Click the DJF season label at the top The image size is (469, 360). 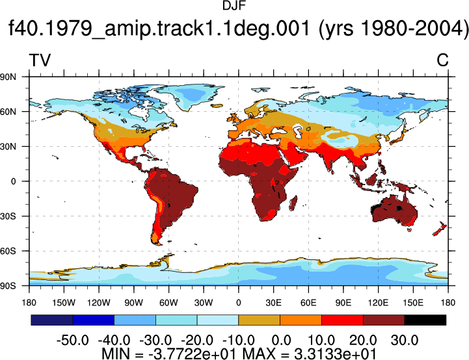pyautogui.click(x=234, y=5)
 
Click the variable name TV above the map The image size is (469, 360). pyautogui.click(x=40, y=60)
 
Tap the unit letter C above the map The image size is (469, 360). pyautogui.click(x=442, y=60)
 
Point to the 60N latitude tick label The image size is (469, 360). pyautogui.click(x=8, y=112)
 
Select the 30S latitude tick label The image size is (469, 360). pyautogui.click(x=8, y=216)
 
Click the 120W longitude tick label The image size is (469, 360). pyautogui.click(x=99, y=303)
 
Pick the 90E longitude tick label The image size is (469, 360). pyautogui.click(x=343, y=303)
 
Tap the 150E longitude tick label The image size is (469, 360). pyautogui.click(x=413, y=303)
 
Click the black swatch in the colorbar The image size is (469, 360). pyautogui.click(x=425, y=320)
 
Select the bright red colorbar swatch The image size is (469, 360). pyautogui.click(x=342, y=320)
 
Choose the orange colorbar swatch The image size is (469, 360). pyautogui.click(x=301, y=320)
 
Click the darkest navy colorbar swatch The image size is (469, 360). pyautogui.click(x=52, y=320)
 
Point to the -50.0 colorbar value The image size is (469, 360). pyautogui.click(x=73, y=340)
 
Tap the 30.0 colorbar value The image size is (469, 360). pyautogui.click(x=405, y=340)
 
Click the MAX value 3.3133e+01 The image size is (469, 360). pyautogui.click(x=335, y=354)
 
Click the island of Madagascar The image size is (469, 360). pyautogui.click(x=293, y=203)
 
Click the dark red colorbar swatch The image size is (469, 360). pyautogui.click(x=384, y=320)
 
